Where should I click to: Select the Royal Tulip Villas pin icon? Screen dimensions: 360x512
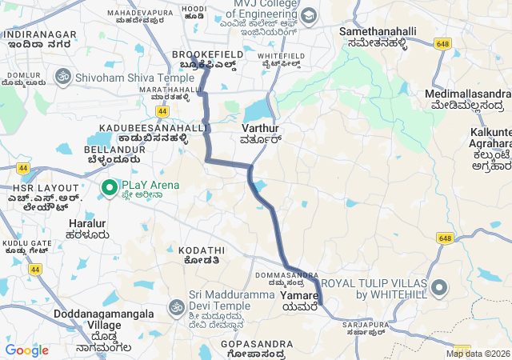pos(439,287)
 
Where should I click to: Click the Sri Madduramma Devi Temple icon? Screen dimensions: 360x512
pos(176,307)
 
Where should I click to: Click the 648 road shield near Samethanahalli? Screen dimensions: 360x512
pos(443,42)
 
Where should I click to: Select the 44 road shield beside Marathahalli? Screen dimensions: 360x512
pos(163,112)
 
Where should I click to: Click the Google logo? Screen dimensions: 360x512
pos(26,350)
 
